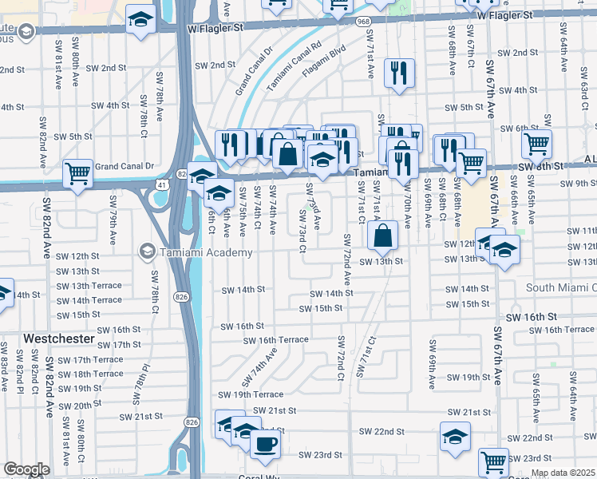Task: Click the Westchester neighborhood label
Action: point(59,338)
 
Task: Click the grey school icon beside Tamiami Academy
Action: point(147,252)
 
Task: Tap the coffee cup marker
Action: point(265,444)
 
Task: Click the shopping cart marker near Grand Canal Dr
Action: point(77,173)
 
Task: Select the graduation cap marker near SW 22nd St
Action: point(455,437)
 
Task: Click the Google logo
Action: point(26,469)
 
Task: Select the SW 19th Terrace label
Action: point(251,394)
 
